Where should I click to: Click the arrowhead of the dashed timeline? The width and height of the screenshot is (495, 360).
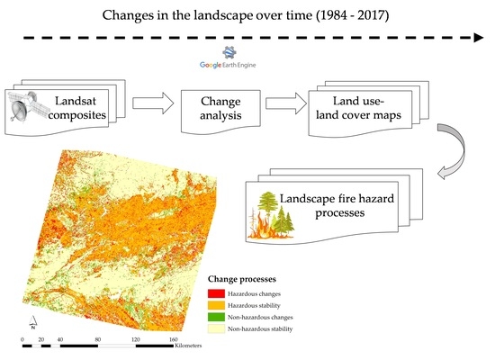point(479,38)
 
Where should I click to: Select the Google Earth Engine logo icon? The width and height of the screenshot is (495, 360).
point(229,52)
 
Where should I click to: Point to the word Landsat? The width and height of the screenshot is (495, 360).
point(76,101)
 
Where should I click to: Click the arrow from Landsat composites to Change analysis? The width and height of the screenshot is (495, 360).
point(153,103)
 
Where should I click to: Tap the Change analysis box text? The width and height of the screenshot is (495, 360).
point(220,108)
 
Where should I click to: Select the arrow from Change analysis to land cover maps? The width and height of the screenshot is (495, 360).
point(286,103)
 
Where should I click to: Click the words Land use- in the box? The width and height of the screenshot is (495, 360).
point(358,101)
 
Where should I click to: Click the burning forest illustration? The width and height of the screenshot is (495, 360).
point(271,215)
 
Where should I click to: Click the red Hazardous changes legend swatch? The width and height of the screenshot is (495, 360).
point(216,293)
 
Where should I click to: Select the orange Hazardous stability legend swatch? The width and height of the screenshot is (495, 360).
point(216,305)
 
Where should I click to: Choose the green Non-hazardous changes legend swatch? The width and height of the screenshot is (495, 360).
point(216,317)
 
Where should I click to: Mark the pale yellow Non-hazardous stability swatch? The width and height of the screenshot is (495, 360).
point(216,328)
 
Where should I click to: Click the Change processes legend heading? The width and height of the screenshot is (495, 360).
point(242,279)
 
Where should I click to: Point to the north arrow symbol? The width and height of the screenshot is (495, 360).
point(32,322)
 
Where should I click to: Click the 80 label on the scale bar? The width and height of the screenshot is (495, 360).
point(98,340)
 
